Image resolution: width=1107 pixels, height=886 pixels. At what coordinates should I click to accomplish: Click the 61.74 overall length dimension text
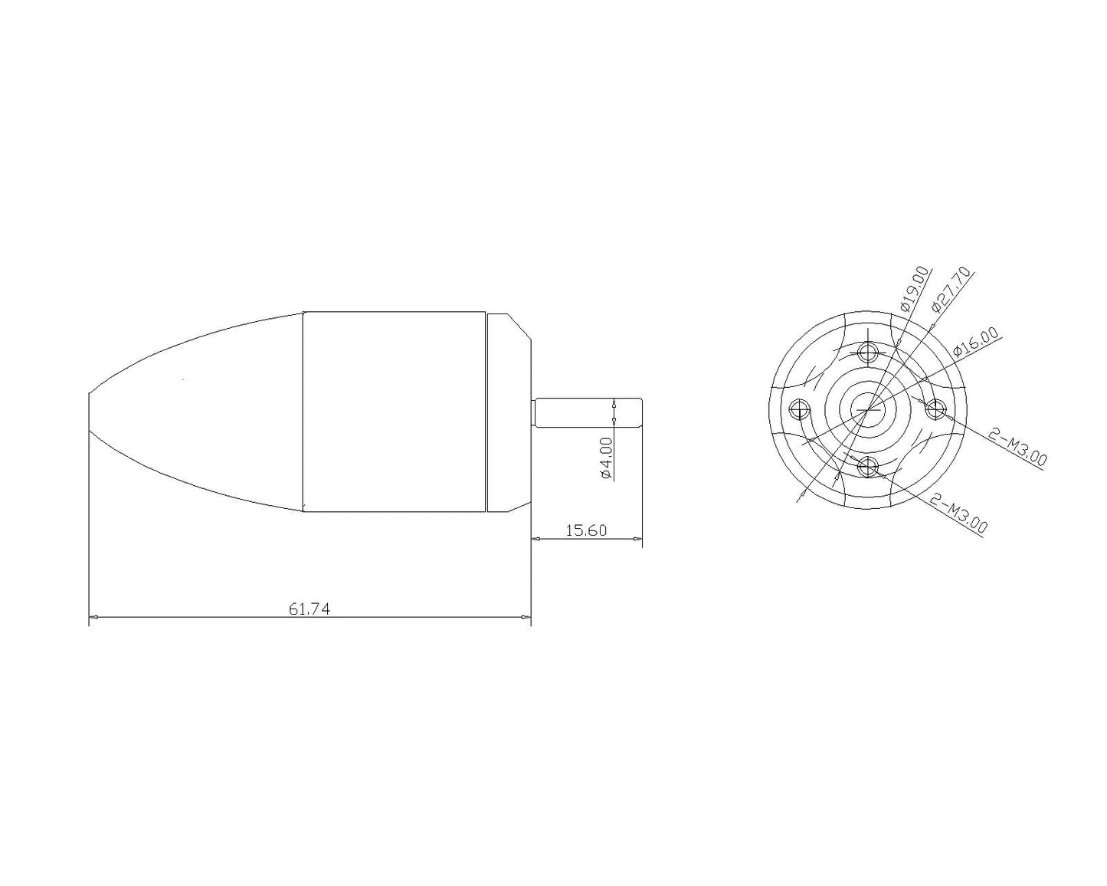[x=310, y=609]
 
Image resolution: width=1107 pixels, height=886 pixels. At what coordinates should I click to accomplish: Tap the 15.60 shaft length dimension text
[x=585, y=530]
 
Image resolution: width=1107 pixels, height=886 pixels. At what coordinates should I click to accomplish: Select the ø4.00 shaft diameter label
[x=605, y=458]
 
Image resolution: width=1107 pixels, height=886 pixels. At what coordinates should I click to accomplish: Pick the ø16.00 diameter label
[x=975, y=343]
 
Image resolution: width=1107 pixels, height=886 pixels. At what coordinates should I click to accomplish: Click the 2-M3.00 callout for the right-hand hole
[x=1017, y=448]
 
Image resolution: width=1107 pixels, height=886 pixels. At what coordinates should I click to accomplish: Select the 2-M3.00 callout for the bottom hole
[x=958, y=514]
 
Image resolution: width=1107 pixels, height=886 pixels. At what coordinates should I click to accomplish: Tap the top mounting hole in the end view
[x=867, y=353]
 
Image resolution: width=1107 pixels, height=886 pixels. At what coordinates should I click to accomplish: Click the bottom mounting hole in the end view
[x=867, y=464]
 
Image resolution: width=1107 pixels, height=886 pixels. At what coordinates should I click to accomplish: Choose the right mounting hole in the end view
[x=935, y=409]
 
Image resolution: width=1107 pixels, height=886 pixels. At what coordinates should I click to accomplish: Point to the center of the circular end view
[x=867, y=409]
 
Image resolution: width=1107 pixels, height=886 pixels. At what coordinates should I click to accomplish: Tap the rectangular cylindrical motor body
[x=395, y=412]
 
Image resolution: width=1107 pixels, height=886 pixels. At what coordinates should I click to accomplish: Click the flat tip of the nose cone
[x=90, y=412]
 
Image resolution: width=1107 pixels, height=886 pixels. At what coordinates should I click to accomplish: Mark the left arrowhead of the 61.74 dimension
[x=93, y=616]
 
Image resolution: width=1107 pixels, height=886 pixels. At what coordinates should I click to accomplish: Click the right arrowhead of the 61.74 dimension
[x=526, y=616]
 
